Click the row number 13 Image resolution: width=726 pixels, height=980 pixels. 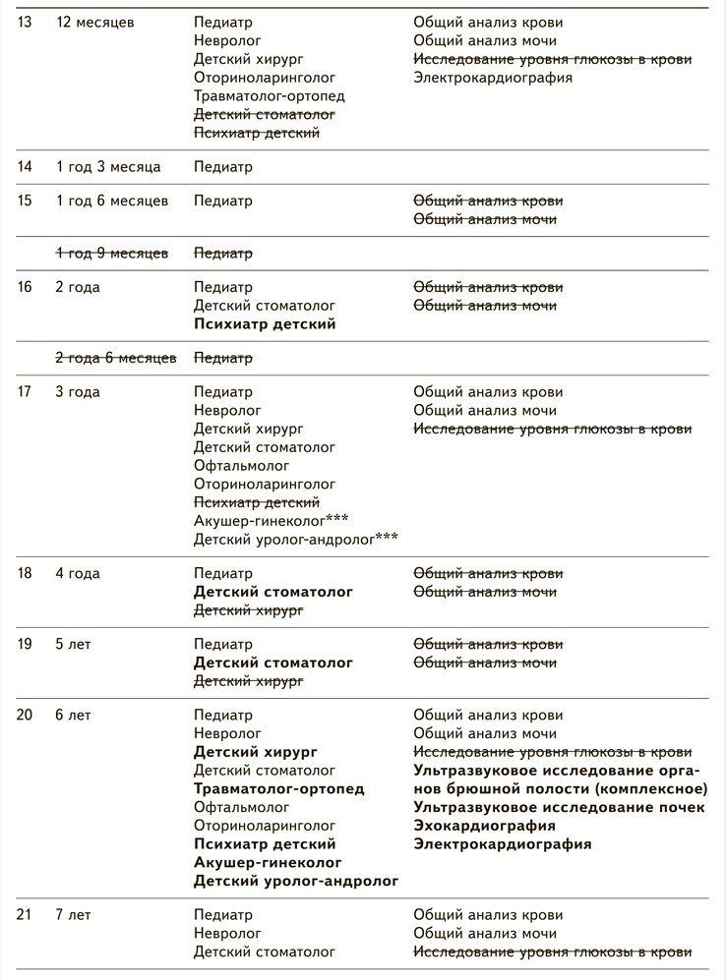tap(25, 22)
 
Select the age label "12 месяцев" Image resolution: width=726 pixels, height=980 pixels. tap(95, 22)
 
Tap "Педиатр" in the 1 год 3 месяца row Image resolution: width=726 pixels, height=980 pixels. tap(223, 167)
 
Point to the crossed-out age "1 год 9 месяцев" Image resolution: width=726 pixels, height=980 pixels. tap(111, 254)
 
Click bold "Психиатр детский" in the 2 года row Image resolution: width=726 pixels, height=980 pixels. tap(265, 324)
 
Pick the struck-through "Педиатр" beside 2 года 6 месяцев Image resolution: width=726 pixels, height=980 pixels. tap(223, 358)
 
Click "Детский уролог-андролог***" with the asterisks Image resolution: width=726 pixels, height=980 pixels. tap(296, 539)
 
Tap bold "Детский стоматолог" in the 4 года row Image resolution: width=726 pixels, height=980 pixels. tap(273, 593)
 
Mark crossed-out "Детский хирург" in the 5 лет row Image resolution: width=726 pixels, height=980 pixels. tap(248, 681)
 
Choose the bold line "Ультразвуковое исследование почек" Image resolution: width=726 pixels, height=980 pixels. tap(559, 807)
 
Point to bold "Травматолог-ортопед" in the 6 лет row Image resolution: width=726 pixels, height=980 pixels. tap(279, 788)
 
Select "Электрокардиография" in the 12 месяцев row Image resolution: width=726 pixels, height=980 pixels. tap(493, 78)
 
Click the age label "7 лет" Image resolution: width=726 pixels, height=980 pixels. tap(73, 915)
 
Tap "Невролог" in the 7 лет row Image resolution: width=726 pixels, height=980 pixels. tap(227, 933)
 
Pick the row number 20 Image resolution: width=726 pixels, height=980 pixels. tap(25, 716)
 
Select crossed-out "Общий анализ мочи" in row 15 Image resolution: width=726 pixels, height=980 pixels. tap(485, 219)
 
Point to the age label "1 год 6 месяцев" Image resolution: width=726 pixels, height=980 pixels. tap(111, 201)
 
